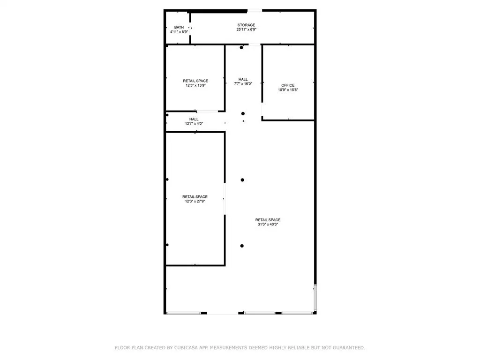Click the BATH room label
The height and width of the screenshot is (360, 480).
pos(179,27)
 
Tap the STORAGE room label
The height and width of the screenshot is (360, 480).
pos(247,25)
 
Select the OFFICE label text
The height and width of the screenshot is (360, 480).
pos(288,85)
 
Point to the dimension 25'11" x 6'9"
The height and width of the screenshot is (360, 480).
pos(247,30)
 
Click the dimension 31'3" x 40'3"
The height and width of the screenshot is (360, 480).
pos(268,224)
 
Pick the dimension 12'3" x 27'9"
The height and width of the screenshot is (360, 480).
pos(195,201)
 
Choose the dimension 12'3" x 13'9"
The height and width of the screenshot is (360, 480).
pos(195,85)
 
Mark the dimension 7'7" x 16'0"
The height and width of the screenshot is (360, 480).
pos(243,83)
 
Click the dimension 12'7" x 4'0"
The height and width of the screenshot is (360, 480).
pos(194,124)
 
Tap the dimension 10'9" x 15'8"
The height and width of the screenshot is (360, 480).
pos(288,90)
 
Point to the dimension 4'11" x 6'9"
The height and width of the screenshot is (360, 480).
pos(179,32)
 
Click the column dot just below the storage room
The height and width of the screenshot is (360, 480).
pos(241,47)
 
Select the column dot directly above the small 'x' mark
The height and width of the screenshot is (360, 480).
pos(243,113)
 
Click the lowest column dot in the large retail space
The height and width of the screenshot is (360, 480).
pos(242,246)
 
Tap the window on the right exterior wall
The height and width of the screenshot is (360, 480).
pos(315,298)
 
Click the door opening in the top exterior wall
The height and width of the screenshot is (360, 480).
pos(255,11)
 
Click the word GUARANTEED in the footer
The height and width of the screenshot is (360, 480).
pos(349,348)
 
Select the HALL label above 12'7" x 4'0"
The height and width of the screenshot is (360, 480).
pos(194,119)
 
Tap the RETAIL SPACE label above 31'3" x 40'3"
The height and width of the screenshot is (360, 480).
pos(268,220)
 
